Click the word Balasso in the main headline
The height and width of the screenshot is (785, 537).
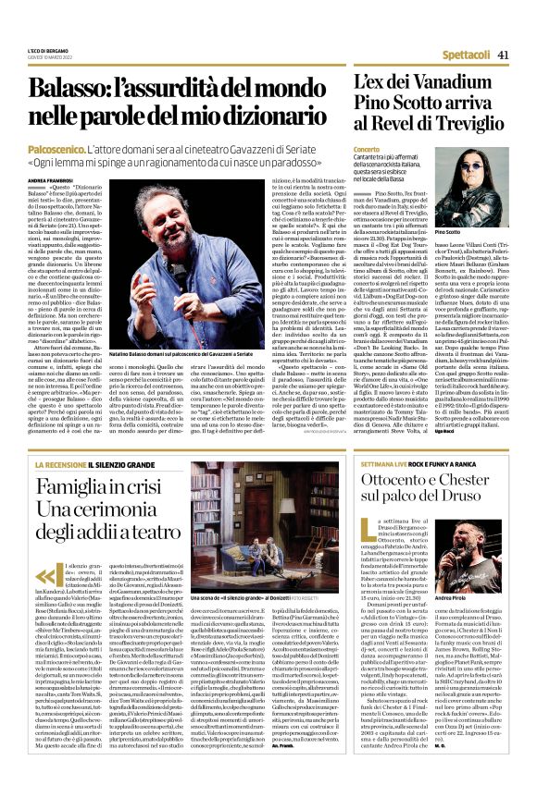point(92,90)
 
